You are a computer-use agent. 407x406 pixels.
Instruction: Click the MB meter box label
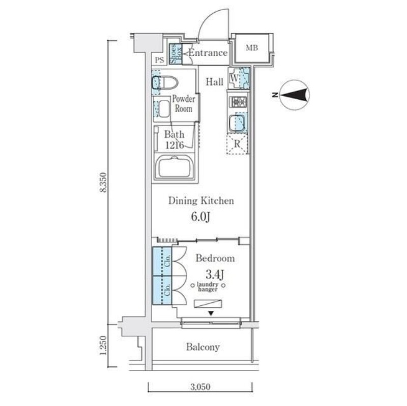click(252, 48)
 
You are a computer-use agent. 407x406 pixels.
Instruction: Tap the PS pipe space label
click(160, 60)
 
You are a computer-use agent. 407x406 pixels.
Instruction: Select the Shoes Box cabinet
click(176, 54)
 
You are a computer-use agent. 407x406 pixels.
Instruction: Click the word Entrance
click(208, 53)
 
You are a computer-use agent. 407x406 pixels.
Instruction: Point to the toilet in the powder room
click(165, 82)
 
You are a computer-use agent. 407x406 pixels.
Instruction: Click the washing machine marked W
click(239, 78)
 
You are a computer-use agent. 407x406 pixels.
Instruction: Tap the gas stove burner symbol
click(239, 102)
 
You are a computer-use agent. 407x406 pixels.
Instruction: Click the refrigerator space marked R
click(237, 143)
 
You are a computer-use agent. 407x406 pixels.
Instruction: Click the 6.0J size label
click(200, 217)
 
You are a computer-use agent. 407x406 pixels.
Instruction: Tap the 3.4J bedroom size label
click(215, 275)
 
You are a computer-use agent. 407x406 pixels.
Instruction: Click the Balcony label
click(202, 347)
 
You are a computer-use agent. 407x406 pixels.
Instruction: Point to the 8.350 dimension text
click(103, 182)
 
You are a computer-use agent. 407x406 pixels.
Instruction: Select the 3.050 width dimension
click(200, 387)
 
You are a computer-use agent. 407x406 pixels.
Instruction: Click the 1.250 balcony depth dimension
click(103, 345)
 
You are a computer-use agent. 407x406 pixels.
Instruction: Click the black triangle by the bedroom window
click(211, 313)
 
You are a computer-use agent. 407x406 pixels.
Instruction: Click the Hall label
click(214, 82)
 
